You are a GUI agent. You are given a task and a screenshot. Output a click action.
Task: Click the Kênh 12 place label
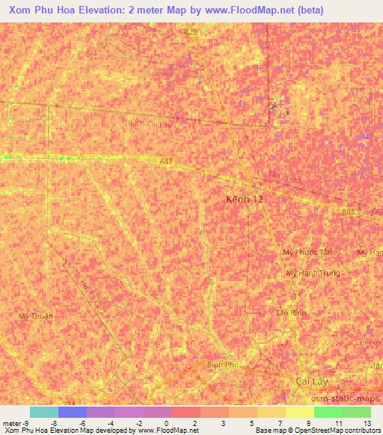245,200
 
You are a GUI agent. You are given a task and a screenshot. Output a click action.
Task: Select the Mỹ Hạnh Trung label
313,273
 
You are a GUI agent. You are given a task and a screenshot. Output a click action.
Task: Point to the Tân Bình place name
291,312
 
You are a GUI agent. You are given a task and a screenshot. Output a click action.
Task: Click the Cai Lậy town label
307,379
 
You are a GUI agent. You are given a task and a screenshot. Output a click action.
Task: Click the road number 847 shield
166,161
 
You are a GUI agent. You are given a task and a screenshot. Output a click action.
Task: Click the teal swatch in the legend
44,412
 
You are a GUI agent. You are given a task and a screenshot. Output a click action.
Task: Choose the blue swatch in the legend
73,412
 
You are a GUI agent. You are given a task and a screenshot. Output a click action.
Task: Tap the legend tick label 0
166,422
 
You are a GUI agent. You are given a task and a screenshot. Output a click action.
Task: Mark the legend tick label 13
366,422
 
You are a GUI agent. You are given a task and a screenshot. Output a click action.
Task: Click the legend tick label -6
82,422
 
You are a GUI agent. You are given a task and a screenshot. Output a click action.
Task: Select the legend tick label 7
281,422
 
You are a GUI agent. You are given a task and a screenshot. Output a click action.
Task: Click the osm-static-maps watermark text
352,401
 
